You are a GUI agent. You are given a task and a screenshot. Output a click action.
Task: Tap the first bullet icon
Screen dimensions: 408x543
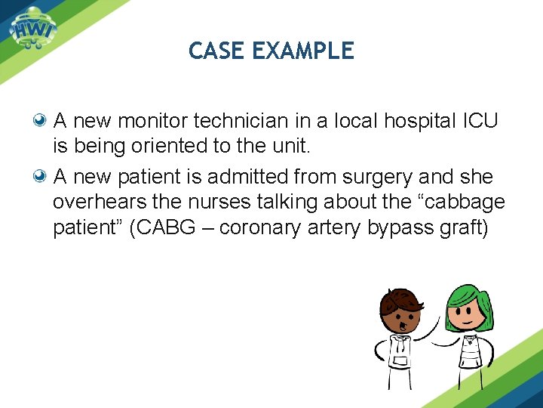(x=42, y=120)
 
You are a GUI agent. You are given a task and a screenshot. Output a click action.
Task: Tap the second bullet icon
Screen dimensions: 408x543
(x=42, y=177)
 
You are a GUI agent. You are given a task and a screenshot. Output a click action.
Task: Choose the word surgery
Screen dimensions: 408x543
(x=369, y=178)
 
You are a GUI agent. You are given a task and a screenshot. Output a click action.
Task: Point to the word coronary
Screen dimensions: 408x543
(x=259, y=228)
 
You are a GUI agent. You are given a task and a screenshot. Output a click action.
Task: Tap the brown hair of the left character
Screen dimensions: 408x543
(x=401, y=300)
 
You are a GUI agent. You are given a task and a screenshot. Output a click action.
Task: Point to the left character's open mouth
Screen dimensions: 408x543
(x=403, y=325)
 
